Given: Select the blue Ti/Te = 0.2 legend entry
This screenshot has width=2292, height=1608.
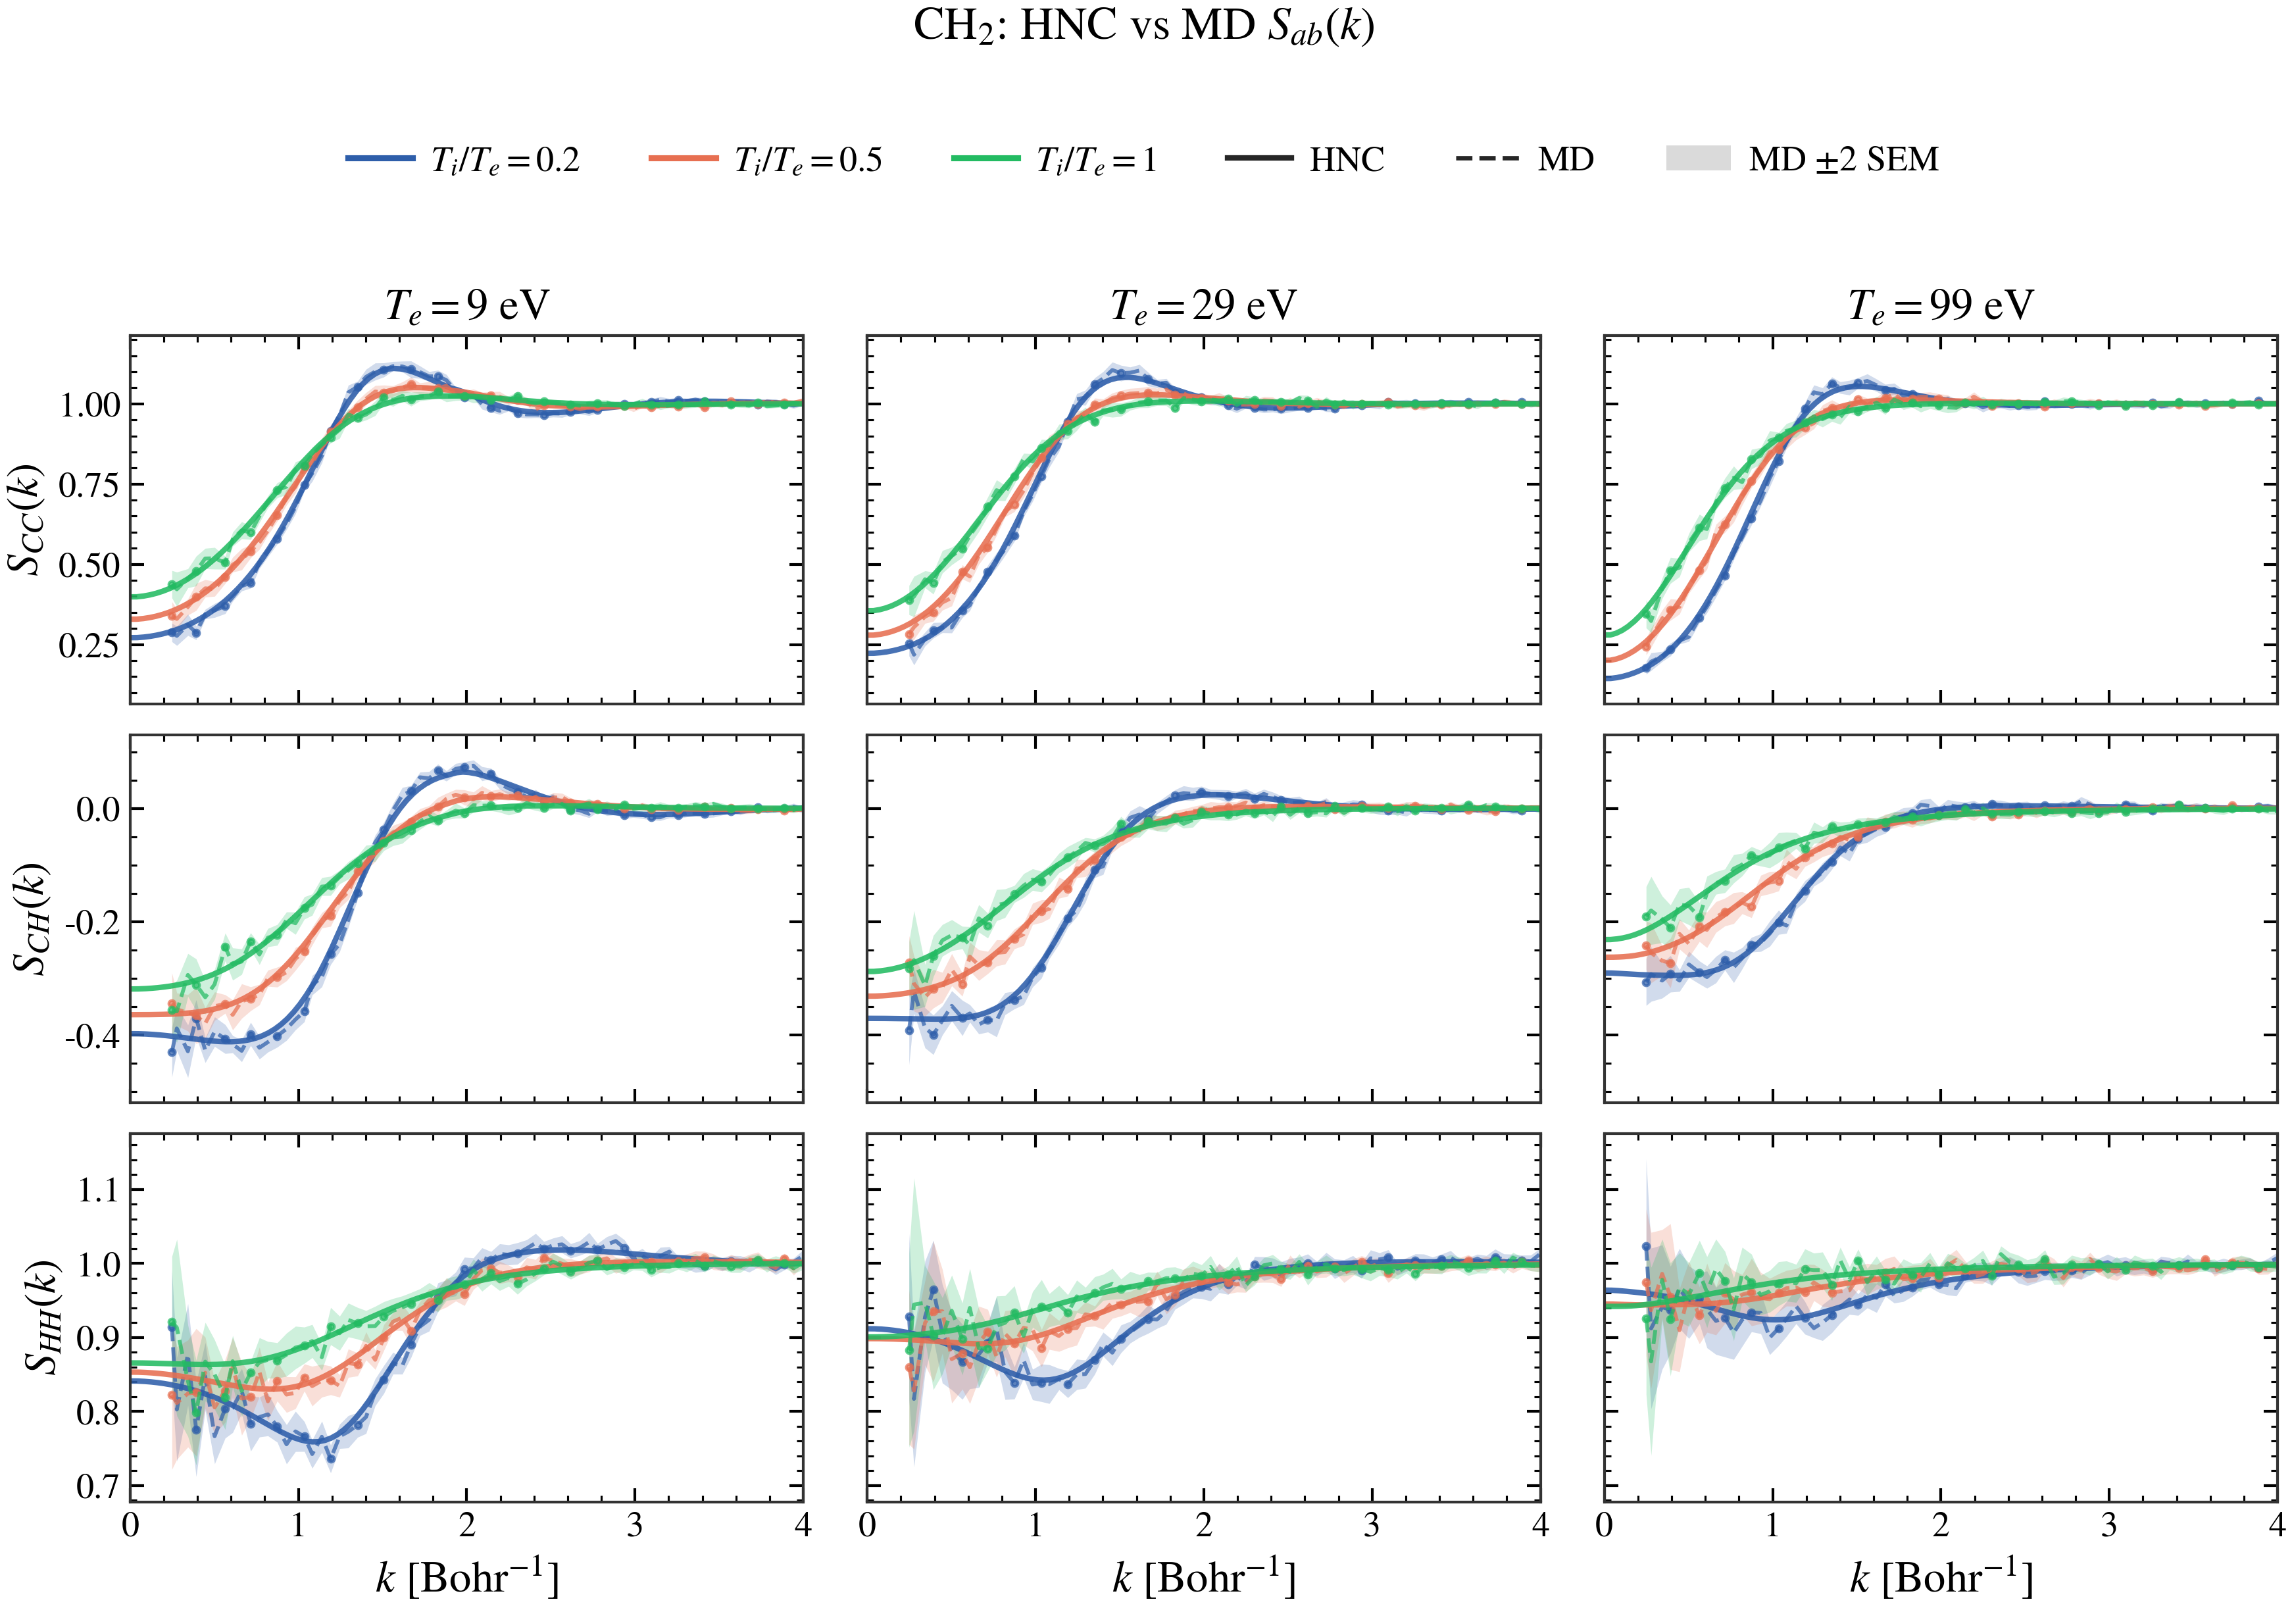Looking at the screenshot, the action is pos(462,160).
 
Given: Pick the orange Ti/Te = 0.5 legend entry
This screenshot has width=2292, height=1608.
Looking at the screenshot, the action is pos(766,160).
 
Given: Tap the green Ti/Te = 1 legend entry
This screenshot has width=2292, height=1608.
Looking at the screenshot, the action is pos(1054,160).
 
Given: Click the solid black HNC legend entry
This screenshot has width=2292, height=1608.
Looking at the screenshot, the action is pos(1305,160).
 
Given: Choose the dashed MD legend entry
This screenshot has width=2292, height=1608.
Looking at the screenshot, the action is pos(1524,160).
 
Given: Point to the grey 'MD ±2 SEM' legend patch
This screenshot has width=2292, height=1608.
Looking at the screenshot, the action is pos(1698,159).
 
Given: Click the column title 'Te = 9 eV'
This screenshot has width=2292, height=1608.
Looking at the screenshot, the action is pos(467,305).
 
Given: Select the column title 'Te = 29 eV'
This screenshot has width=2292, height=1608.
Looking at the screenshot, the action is pos(1204,305).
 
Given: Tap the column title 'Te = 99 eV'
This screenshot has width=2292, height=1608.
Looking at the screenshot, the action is pos(1941,305).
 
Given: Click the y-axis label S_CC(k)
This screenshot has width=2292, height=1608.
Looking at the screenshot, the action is pos(27,519).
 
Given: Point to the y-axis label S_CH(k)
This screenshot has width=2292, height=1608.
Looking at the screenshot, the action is pos(30,918).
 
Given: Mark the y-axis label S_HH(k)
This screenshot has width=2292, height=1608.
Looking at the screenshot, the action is pos(42,1318).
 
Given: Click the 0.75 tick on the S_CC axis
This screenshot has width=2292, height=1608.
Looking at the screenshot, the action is pos(89,485).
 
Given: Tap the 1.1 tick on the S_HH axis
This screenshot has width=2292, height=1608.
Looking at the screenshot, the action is pos(98,1190).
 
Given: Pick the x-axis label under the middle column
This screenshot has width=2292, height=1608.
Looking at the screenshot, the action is pos(1204,1578).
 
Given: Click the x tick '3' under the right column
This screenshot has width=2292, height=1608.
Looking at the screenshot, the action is pos(2109,1525).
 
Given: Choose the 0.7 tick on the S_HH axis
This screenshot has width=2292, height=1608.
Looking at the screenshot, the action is pos(98,1486).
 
